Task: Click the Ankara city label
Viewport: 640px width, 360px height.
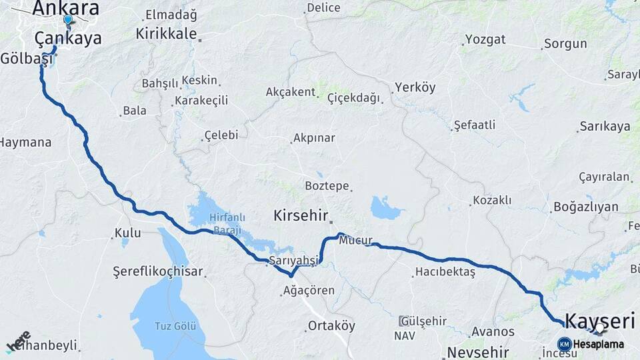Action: (65, 8)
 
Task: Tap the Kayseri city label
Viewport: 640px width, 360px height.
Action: (599, 321)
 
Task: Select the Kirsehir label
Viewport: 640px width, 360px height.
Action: (301, 216)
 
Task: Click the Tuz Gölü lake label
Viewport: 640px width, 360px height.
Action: (175, 326)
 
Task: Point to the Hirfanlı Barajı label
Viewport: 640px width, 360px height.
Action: (214, 221)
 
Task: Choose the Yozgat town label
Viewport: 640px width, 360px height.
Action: (485, 39)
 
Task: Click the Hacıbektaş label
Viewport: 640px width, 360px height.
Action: (445, 272)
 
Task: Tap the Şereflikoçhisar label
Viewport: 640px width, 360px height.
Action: (157, 272)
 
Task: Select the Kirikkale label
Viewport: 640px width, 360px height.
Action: (166, 33)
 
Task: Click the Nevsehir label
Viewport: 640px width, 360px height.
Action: (478, 352)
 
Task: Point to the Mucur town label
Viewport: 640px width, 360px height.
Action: (355, 241)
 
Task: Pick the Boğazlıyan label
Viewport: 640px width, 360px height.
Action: (586, 207)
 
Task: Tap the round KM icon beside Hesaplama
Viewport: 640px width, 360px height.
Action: (564, 344)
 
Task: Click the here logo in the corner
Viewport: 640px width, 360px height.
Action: (18, 341)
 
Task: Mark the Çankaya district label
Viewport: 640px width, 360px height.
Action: (68, 38)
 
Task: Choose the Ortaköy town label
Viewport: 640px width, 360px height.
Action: (331, 326)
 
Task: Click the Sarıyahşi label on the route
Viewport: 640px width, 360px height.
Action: (294, 260)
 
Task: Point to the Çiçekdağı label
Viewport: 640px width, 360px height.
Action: (353, 98)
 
